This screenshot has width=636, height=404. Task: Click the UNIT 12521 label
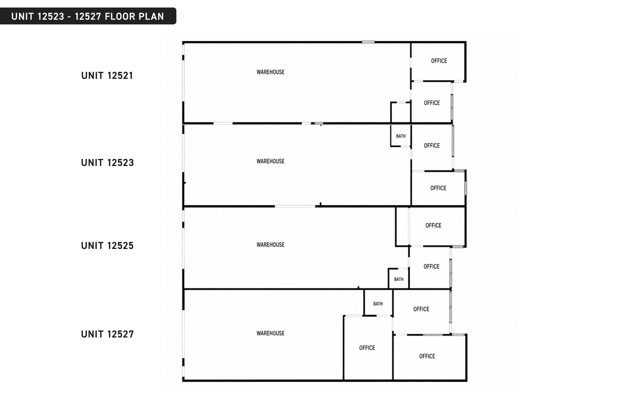[107, 76]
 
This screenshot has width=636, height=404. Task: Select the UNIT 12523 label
[107, 163]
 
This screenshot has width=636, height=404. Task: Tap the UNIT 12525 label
[107, 246]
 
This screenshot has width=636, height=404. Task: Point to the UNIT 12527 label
[107, 334]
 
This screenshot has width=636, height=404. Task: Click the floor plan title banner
[88, 16]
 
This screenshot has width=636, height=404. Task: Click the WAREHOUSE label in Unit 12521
[270, 72]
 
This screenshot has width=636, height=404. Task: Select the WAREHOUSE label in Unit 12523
[270, 161]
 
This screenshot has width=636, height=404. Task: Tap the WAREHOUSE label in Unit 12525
[270, 245]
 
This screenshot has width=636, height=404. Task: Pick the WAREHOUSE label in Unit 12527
[270, 333]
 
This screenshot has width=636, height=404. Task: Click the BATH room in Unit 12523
[401, 135]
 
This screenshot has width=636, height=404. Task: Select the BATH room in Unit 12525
[399, 279]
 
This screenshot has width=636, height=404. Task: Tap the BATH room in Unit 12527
[378, 303]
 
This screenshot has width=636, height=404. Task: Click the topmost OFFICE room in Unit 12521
[438, 62]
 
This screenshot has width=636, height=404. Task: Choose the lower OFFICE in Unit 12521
[431, 102]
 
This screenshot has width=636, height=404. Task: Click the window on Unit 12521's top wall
[368, 42]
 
